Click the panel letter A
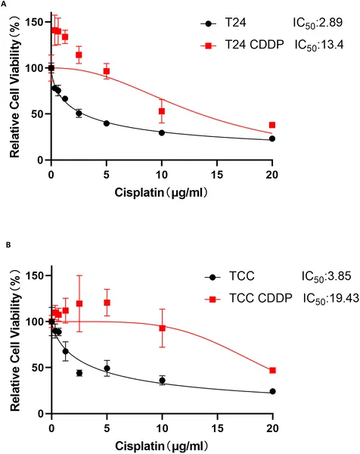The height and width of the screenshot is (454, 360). [5, 5]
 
